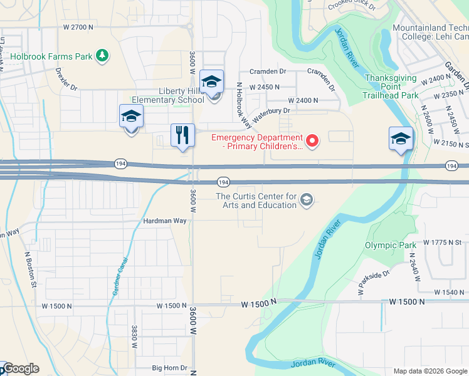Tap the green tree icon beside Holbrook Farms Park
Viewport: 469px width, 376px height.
(102, 56)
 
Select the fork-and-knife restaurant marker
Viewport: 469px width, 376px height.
(182, 135)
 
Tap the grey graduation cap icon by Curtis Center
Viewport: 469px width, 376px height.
(307, 200)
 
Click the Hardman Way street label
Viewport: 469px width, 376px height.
(166, 221)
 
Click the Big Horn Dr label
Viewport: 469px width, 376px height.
(170, 368)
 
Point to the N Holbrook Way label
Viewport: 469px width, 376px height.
(239, 100)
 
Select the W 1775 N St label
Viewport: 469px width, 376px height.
(442, 242)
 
